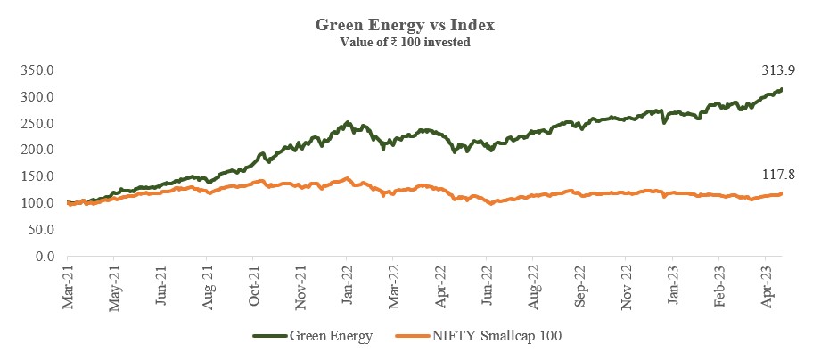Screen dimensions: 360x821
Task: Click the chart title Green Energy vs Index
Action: (405, 25)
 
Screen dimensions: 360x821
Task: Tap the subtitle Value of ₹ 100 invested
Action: (405, 42)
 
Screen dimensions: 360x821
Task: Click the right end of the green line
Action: (782, 89)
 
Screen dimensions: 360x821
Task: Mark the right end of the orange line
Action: (782, 193)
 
